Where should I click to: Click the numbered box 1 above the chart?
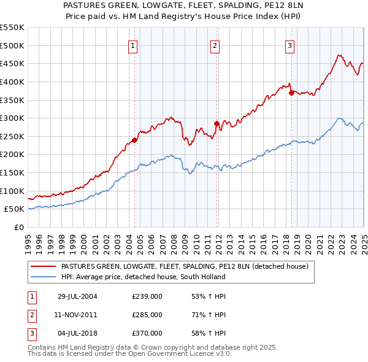[133, 45]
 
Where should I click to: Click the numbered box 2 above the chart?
[215, 45]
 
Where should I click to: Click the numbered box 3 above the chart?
[289, 45]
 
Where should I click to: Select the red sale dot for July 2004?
[135, 140]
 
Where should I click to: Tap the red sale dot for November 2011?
[217, 123]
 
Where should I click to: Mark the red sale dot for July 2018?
[291, 93]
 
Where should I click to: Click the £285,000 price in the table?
[147, 315]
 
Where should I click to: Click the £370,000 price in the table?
[147, 333]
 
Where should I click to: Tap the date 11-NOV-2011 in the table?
[77, 315]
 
